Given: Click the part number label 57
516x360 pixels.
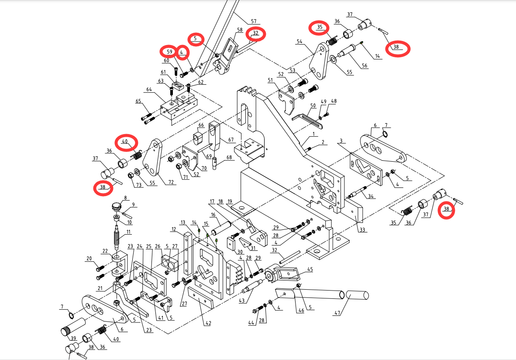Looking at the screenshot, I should (x=254, y=21).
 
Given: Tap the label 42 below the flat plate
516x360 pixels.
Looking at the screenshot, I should (x=208, y=323).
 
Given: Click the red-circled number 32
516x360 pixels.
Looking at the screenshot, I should (x=256, y=33).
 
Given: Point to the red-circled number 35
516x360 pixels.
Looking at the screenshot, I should (x=320, y=27).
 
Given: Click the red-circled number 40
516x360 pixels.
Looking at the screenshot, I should (x=125, y=142).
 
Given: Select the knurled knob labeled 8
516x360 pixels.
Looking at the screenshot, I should (x=116, y=206).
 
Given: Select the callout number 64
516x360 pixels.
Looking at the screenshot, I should (x=149, y=90).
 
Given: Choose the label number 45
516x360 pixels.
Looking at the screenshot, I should (x=310, y=270).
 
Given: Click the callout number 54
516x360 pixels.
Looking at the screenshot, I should (x=299, y=42).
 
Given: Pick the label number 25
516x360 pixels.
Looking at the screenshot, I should (x=148, y=246).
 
